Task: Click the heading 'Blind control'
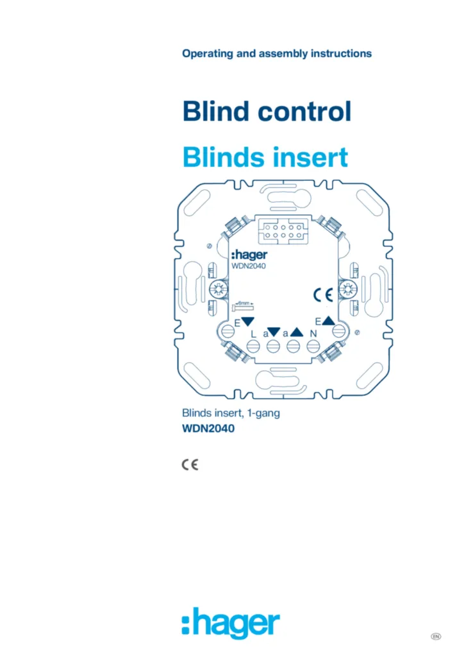tap(267, 112)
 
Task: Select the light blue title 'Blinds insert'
tap(265, 157)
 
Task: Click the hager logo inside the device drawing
tap(249, 255)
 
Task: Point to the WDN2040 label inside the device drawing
tap(249, 266)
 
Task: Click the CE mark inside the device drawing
tap(323, 295)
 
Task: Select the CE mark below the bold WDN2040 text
tap(190, 465)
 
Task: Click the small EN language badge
tap(436, 636)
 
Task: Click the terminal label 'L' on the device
tap(253, 334)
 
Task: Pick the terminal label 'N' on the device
tap(313, 334)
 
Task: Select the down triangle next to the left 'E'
tap(247, 321)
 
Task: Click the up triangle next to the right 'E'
tap(328, 321)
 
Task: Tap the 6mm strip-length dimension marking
tap(243, 306)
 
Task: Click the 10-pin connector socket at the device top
tap(283, 231)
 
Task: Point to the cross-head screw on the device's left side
tap(218, 289)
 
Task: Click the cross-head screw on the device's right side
tap(347, 289)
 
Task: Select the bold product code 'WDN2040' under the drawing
tap(208, 429)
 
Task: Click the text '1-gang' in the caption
tap(263, 414)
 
